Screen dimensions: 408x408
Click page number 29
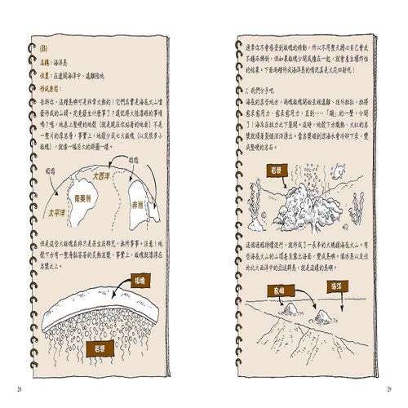pos(390,381)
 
